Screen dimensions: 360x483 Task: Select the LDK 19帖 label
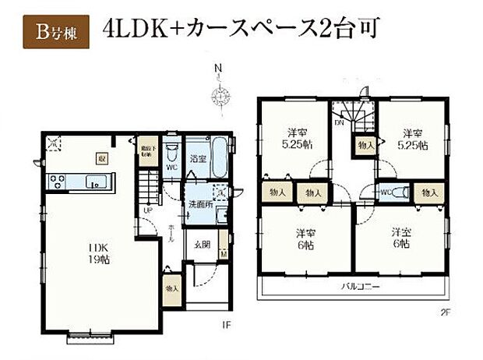[100, 255]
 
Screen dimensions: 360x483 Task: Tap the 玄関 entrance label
[202, 243]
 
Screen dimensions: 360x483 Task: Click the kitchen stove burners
[57, 182]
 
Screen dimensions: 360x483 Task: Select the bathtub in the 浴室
[218, 159]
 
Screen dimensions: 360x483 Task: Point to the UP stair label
[146, 210]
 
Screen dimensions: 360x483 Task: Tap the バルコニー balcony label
[359, 287]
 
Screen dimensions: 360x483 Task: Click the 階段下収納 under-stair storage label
[146, 151]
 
